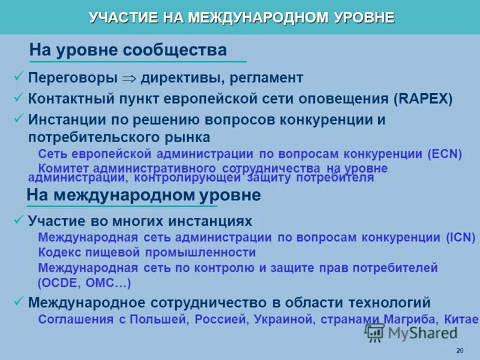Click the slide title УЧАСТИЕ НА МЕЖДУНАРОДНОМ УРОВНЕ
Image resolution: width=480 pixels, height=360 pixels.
coord(241,17)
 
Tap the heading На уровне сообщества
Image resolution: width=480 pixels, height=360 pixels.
coord(128,50)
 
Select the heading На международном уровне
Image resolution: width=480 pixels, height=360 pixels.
coord(143,195)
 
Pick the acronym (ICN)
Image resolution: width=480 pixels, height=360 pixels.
coord(460,237)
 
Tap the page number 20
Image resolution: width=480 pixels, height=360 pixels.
coord(460,351)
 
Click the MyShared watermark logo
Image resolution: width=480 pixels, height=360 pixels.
coord(411,332)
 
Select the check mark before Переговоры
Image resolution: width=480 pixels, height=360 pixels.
coord(18,77)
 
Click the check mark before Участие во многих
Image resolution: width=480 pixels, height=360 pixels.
coord(18,220)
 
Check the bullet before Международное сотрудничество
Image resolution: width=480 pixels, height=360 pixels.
coord(18,301)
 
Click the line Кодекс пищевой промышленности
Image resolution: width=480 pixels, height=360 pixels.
coord(147,253)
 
